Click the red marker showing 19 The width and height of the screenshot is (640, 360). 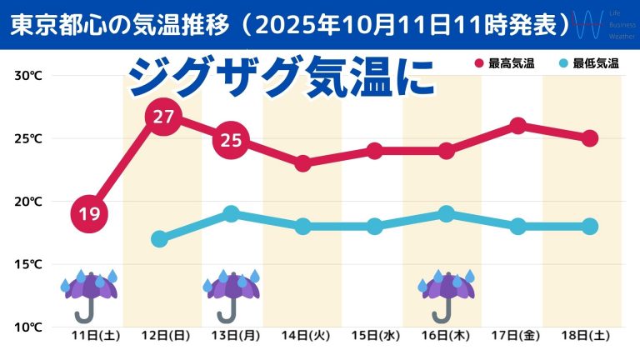coord(89,214)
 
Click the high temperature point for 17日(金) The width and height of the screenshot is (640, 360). coord(517,126)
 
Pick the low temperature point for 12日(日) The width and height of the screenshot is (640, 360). coord(160,239)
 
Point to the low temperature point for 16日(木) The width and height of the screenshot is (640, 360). coord(447,214)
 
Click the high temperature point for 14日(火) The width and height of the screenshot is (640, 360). coord(303,163)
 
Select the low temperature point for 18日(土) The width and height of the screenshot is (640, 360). coord(589,227)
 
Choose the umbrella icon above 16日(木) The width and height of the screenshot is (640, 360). coord(447,294)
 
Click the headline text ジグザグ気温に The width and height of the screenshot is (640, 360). coord(281,79)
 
